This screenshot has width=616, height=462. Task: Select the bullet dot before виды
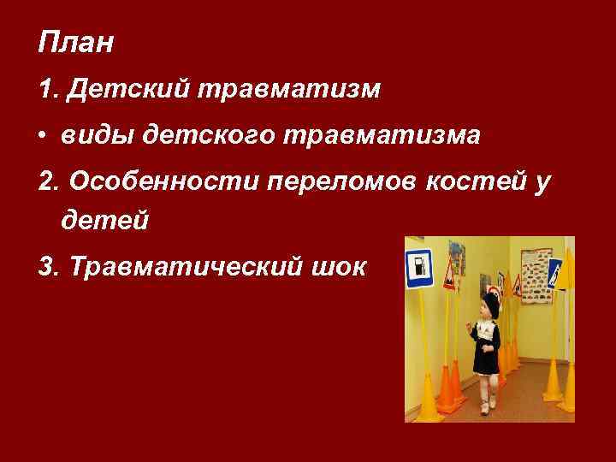(44, 136)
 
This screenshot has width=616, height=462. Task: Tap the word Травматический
(185, 266)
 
